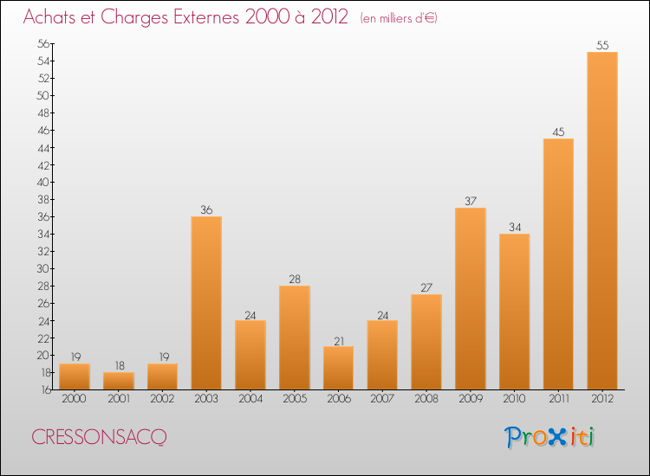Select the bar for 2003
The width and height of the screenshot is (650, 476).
coord(206,303)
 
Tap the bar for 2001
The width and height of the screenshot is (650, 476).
coord(119,381)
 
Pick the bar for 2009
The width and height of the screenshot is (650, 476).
coord(470,299)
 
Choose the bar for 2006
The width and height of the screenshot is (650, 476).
coord(338,368)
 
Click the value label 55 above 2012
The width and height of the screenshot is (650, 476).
coord(601,45)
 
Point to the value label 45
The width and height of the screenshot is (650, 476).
coord(558,132)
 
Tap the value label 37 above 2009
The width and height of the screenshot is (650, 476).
coord(470,201)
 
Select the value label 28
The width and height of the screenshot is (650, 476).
coord(294,279)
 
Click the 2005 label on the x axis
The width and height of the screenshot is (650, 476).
coord(294,399)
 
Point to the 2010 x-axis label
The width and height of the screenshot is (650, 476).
coord(514,399)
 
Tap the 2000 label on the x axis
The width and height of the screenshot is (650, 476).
coord(75,399)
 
